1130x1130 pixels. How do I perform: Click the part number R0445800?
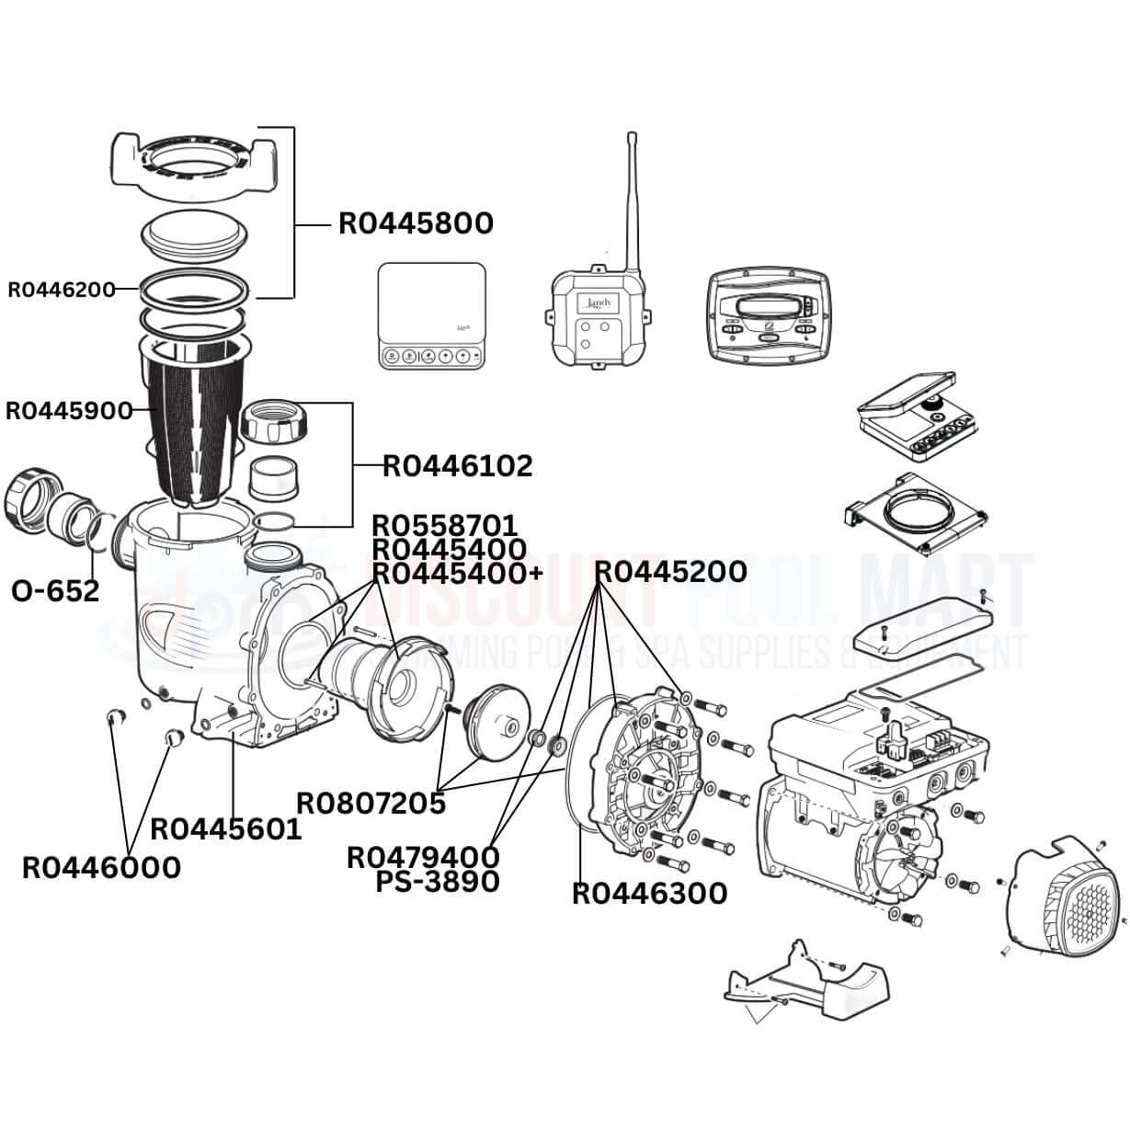point(416,223)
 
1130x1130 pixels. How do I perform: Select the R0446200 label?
point(62,290)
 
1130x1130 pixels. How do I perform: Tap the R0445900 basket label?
point(69,411)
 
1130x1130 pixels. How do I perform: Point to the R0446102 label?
point(457,466)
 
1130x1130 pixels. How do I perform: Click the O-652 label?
point(55,590)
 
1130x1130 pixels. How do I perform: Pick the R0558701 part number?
point(444,526)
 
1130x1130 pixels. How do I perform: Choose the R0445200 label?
point(670,572)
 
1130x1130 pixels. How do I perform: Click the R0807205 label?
point(371,803)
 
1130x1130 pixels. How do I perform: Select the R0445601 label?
point(225,829)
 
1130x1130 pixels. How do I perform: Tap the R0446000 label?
point(101,867)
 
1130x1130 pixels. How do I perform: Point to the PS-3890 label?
point(438,882)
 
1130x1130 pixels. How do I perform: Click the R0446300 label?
point(649,893)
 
